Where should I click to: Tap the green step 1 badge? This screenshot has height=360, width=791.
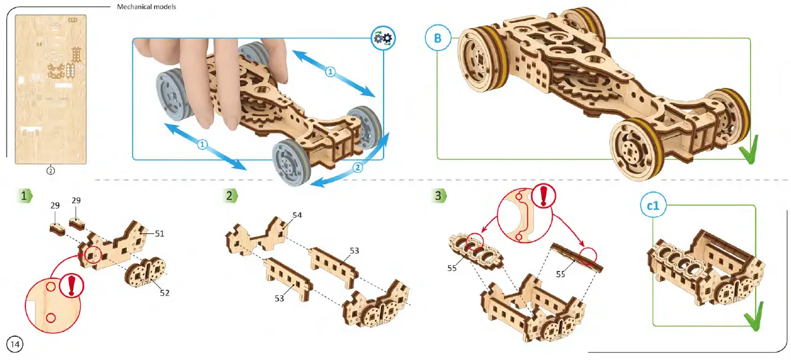click(25, 196)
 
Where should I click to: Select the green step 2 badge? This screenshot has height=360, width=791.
click(230, 196)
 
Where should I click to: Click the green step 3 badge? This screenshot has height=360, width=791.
click(438, 196)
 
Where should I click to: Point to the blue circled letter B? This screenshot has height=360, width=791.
click(437, 39)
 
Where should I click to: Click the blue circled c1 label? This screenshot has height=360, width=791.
click(653, 207)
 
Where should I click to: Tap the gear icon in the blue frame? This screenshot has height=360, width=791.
click(383, 38)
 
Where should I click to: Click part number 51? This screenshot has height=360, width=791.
click(159, 234)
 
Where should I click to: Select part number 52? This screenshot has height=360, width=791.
click(164, 293)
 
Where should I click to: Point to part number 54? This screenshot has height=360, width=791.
click(297, 215)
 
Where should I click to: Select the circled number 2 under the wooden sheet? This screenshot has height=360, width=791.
click(51, 170)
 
